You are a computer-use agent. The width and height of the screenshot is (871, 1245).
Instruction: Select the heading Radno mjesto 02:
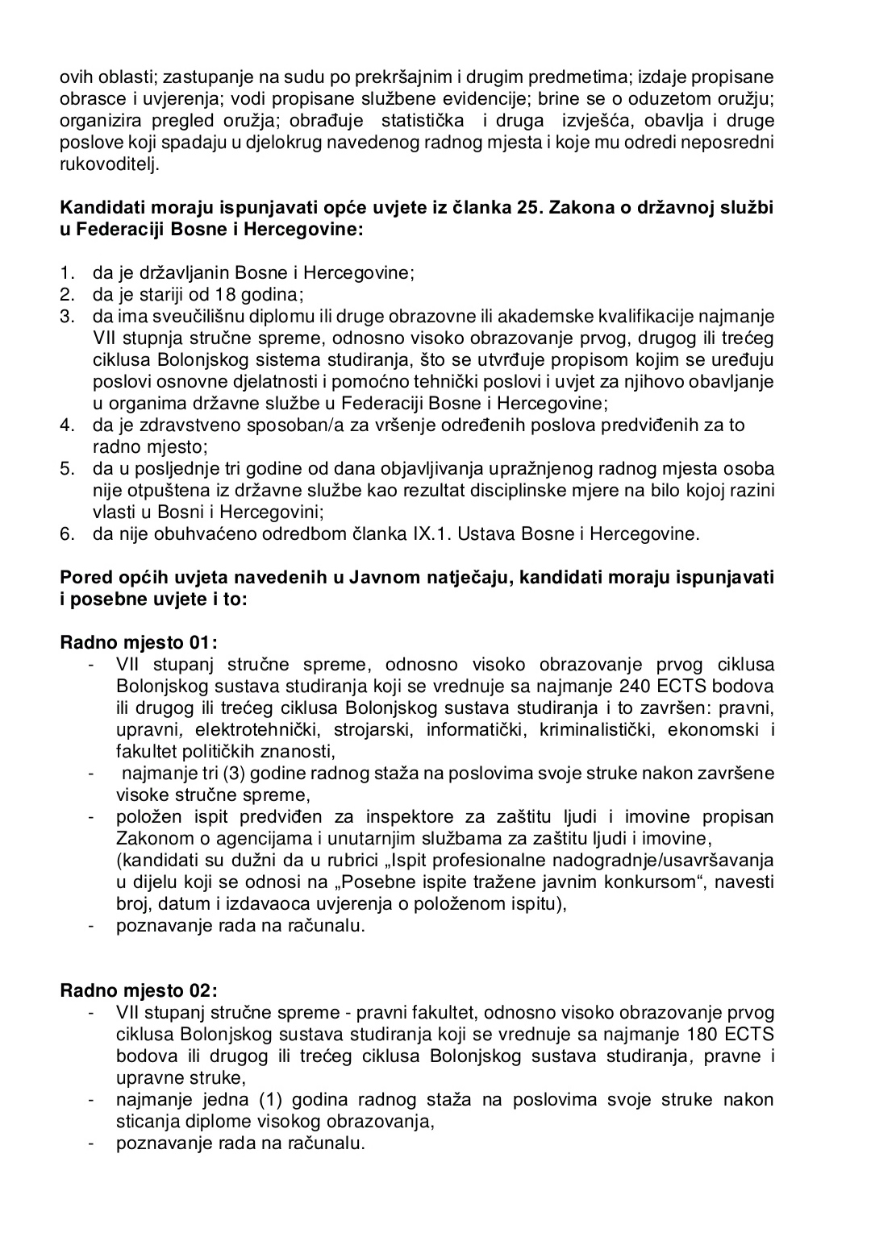[x=139, y=990]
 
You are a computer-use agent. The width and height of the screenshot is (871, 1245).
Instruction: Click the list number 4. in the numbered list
[x=68, y=425]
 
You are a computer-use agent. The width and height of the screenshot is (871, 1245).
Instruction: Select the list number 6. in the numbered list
[x=68, y=533]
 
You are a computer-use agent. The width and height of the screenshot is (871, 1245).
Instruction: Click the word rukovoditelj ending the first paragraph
[x=110, y=164]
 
